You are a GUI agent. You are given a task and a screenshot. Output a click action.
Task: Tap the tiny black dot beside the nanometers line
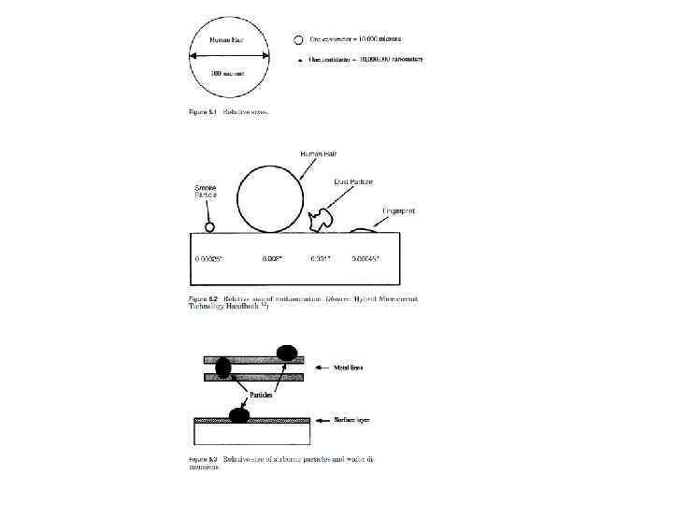tap(299, 59)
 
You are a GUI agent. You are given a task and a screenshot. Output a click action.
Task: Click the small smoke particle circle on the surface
tap(210, 225)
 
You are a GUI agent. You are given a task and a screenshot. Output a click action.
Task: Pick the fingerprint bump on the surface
tap(363, 228)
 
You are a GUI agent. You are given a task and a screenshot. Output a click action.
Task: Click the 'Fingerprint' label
tap(399, 211)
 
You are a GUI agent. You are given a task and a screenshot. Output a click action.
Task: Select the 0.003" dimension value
tap(272, 258)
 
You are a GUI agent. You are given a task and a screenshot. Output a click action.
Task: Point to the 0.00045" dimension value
tap(365, 258)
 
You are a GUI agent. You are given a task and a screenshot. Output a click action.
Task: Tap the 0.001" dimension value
tap(320, 258)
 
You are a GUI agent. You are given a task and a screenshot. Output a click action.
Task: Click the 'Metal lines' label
tap(348, 368)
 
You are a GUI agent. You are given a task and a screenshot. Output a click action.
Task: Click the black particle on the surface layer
tap(239, 415)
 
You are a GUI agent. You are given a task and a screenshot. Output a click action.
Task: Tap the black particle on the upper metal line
tap(286, 353)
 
